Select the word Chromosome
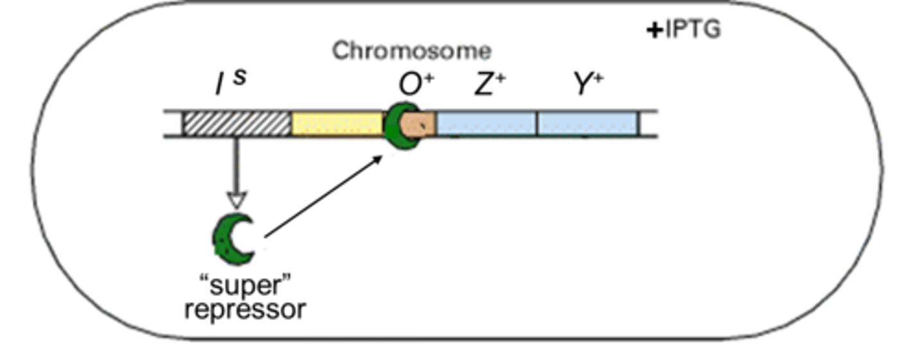411,51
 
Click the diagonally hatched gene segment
237,123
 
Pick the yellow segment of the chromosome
337,123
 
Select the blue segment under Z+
486,123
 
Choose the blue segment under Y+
587,123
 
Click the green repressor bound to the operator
395,125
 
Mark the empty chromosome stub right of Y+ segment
648,123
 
